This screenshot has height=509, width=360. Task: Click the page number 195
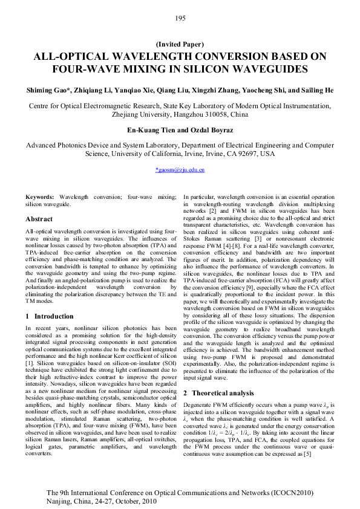pyautogui.click(x=180, y=18)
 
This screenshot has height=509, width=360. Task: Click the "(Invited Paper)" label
pyautogui.click(x=180, y=44)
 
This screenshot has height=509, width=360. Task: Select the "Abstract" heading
pyautogui.click(x=39, y=219)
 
